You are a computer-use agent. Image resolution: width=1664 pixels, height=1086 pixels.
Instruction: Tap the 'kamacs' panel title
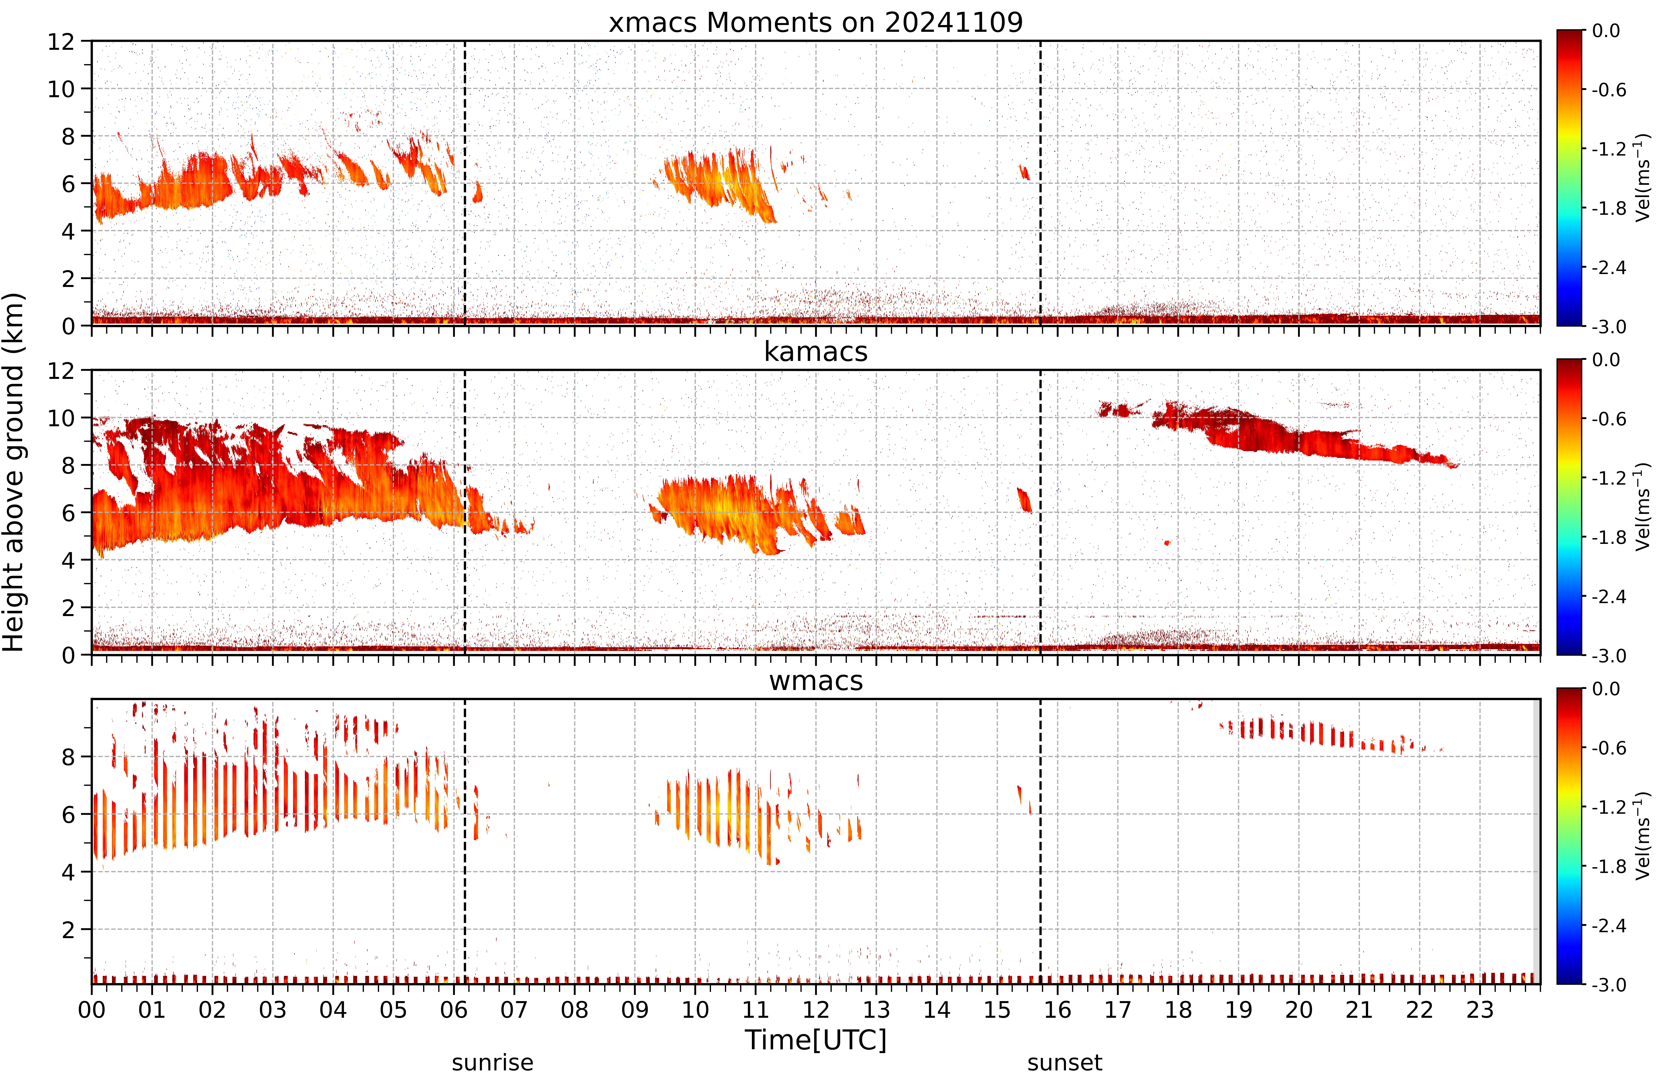[815, 351]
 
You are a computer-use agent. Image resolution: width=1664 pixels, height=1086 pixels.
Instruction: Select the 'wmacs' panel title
[815, 681]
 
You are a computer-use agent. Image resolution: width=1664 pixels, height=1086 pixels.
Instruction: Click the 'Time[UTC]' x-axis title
[815, 1040]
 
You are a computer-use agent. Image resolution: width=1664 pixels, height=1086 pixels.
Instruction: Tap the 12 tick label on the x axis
[815, 1010]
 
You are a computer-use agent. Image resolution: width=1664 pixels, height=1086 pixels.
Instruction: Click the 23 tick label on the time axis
[1479, 1010]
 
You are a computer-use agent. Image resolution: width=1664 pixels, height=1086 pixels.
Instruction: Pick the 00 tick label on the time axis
[92, 1010]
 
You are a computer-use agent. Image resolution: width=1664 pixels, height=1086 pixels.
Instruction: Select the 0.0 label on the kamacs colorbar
[1606, 360]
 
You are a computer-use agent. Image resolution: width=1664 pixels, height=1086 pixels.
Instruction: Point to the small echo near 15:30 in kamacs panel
[1024, 500]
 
